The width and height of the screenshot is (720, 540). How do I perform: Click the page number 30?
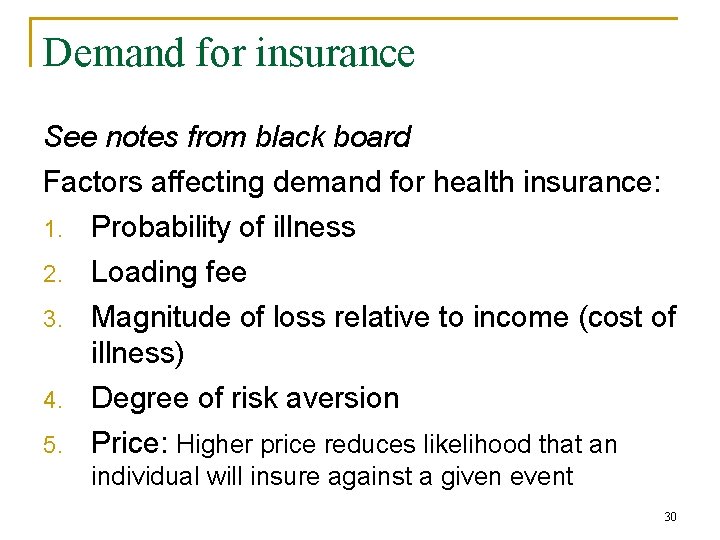pos(670,517)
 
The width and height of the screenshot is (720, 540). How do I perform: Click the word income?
pos(530,317)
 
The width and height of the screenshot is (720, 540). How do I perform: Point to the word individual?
pos(145,477)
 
